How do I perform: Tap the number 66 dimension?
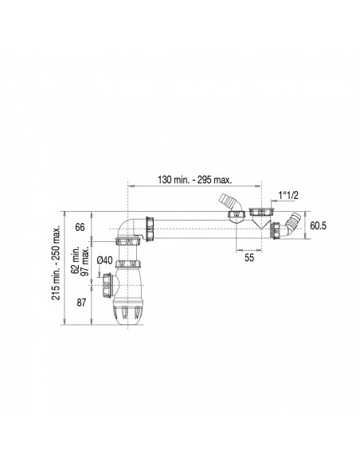coord(80,228)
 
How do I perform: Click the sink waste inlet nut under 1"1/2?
coord(256,212)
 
